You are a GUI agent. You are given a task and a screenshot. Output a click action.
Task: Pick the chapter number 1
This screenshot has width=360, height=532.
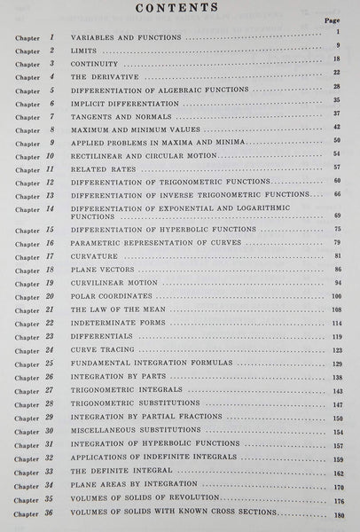click(x=52, y=39)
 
